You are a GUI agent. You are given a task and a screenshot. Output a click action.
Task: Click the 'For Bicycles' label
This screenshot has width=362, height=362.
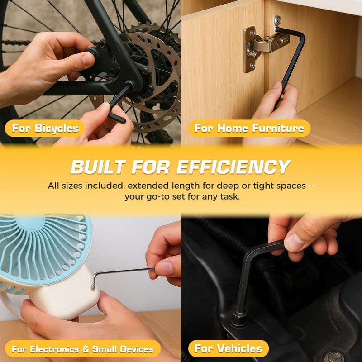(x=45, y=128)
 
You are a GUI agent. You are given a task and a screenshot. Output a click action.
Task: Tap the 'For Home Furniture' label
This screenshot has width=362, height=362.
(x=249, y=128)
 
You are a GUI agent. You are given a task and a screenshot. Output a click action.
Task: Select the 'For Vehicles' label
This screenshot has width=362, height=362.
(x=229, y=348)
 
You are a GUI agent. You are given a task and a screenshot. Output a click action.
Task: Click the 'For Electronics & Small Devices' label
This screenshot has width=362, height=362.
(x=83, y=349)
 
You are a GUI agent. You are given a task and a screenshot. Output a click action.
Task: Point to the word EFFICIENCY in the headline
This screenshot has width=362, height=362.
(x=233, y=167)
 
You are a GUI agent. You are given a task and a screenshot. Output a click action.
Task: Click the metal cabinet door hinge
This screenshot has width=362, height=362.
(x=266, y=48)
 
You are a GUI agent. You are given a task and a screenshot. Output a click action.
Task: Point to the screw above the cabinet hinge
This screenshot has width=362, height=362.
(x=277, y=20)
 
